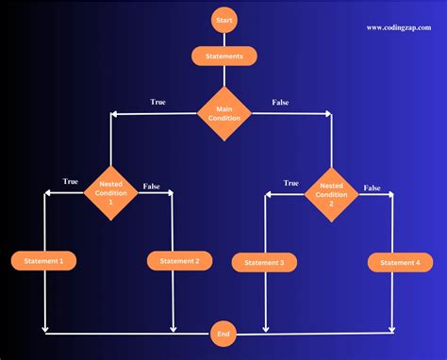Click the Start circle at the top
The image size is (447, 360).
224,20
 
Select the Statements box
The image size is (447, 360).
224,57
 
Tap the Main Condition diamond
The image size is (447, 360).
223,114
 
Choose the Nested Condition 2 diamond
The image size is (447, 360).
330,194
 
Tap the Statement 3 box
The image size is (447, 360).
264,263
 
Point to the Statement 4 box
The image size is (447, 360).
394,262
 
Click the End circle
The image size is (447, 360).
224,333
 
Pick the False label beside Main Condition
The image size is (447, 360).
280,102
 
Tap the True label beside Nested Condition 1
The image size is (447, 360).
71,181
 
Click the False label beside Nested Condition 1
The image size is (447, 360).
152,187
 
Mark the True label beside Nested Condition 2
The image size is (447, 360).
291,183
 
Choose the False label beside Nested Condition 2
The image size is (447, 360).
372,188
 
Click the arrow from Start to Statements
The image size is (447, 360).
224,39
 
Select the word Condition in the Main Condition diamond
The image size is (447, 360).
223,119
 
